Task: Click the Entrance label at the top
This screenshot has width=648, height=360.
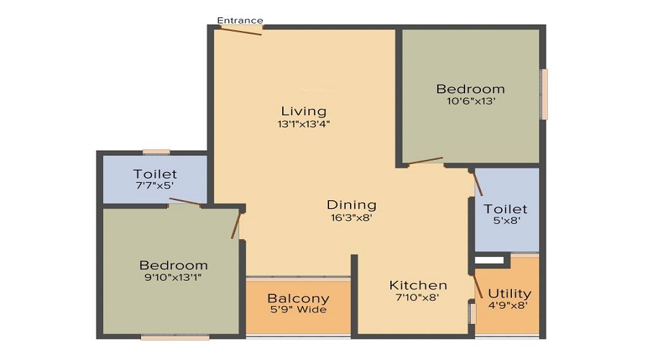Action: point(240,20)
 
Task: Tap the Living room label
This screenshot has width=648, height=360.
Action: point(304,111)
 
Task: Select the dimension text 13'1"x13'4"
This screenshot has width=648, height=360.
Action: point(304,124)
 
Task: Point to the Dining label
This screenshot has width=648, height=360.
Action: point(351,204)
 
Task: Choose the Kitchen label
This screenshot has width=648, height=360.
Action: point(418,285)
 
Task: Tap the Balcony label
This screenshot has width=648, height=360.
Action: point(298,298)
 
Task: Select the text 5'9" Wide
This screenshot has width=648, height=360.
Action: point(297,310)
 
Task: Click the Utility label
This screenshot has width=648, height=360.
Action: point(510,293)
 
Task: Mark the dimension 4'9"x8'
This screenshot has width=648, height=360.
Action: point(508,305)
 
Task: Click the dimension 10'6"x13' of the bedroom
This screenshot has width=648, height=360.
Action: point(471,102)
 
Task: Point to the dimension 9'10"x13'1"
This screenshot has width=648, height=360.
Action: point(174,277)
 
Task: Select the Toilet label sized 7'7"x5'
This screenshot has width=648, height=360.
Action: point(155,174)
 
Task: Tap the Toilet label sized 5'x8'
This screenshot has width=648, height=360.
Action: point(505,209)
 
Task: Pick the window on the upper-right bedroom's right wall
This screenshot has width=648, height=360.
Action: point(544,94)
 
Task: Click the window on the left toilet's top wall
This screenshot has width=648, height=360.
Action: point(156,151)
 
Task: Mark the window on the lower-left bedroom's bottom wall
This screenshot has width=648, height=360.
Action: point(175,337)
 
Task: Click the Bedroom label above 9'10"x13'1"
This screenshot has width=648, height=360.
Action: point(174,265)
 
